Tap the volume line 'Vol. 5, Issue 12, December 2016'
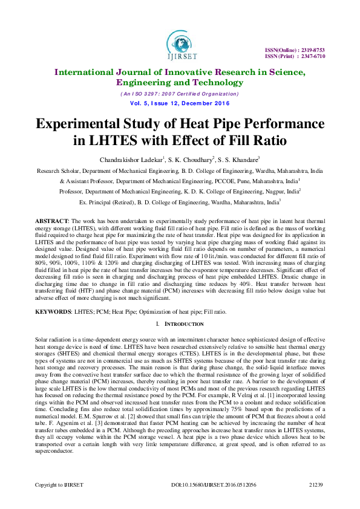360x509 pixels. [x=179, y=103]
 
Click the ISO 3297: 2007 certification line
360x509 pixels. [x=179, y=94]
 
